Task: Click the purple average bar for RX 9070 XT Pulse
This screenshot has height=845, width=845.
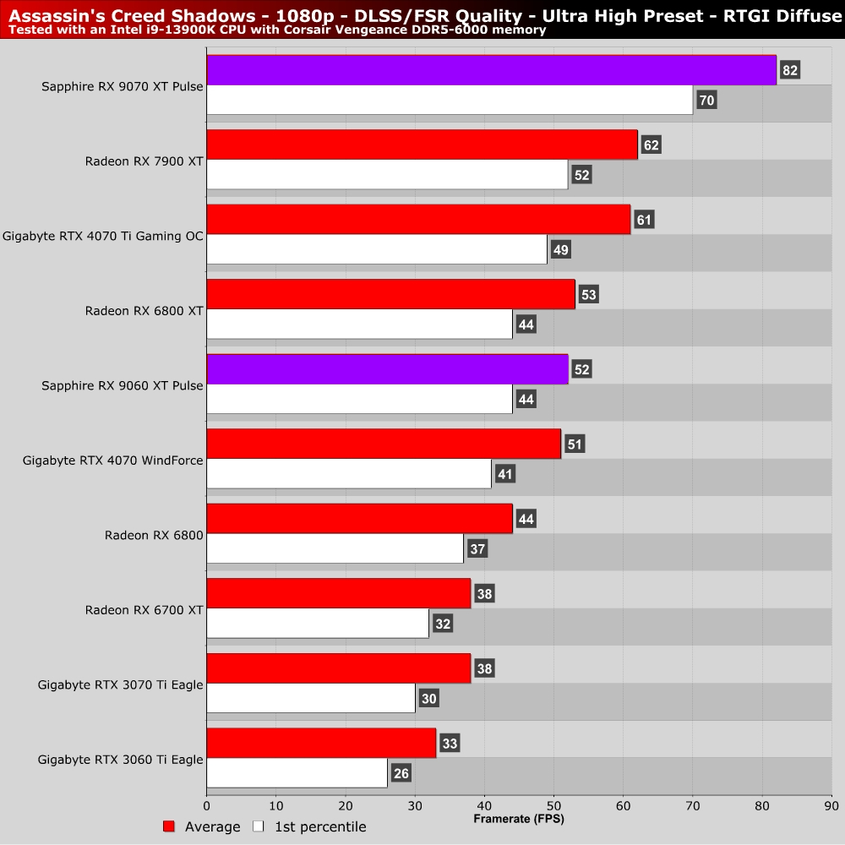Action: tap(490, 70)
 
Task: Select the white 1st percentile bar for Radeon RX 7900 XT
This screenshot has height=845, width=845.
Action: tap(387, 175)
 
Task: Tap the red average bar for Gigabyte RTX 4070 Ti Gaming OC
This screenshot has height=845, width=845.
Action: tap(418, 220)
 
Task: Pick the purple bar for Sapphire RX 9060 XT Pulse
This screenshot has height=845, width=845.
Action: tap(387, 369)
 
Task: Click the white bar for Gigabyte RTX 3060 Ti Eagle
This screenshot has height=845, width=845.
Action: tap(297, 772)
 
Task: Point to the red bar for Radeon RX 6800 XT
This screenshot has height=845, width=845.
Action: tap(390, 294)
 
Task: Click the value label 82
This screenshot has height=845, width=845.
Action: tap(790, 70)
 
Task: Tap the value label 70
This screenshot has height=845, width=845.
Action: tap(706, 101)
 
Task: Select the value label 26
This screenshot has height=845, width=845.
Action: tap(401, 773)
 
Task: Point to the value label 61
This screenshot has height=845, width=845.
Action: tap(644, 220)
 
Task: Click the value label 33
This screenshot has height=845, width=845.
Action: tap(450, 744)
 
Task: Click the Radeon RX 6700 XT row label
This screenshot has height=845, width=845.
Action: tap(144, 609)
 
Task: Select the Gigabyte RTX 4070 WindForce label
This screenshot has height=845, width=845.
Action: tap(113, 460)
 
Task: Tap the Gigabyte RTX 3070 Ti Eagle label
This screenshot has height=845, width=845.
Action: tap(121, 684)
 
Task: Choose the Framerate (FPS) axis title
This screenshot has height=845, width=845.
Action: tap(519, 819)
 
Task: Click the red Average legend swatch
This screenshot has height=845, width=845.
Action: tap(169, 826)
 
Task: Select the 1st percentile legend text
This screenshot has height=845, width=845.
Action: tap(320, 826)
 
